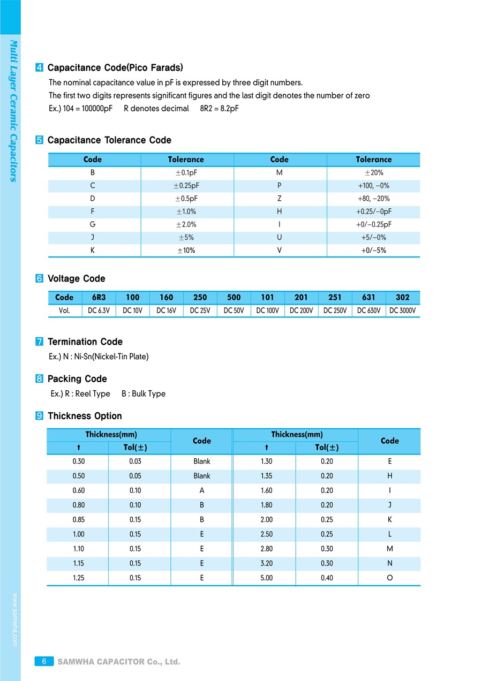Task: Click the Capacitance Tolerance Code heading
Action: click(109, 140)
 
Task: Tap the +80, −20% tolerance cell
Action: click(373, 199)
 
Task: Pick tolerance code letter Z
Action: click(279, 199)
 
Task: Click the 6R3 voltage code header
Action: click(99, 297)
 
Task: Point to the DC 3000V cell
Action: click(402, 311)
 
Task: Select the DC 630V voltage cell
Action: click(368, 311)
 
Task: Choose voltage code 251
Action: click(335, 297)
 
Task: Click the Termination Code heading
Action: click(85, 342)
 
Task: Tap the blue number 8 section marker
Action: click(39, 379)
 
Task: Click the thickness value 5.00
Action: click(266, 578)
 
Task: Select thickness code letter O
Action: click(389, 578)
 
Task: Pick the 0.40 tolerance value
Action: click(327, 578)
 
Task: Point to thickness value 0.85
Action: click(78, 519)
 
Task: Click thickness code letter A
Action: click(201, 490)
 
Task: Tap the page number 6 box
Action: click(44, 662)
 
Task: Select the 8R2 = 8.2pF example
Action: click(215, 109)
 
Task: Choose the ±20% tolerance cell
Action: click(373, 173)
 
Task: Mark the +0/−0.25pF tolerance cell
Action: click(373, 225)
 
